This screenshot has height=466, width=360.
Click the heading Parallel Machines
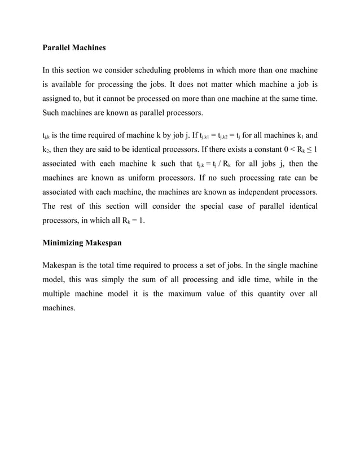pyautogui.click(x=74, y=48)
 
